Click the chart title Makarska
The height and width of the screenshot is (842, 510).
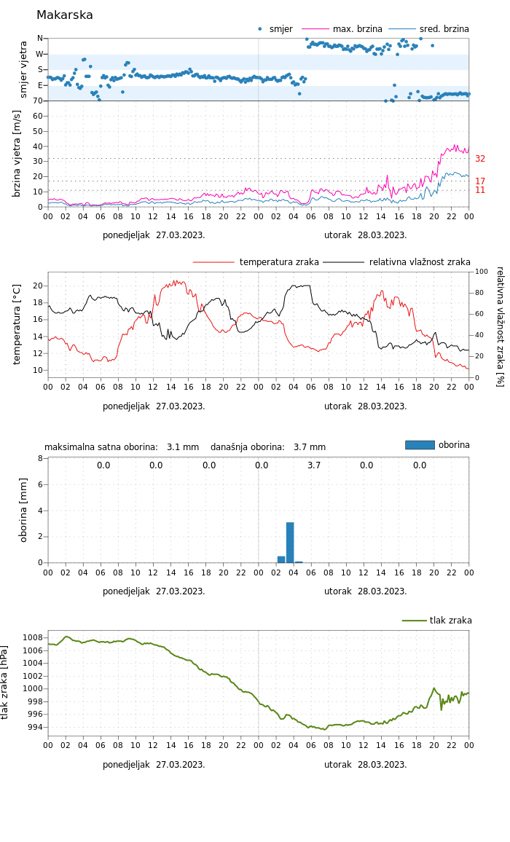point(65,15)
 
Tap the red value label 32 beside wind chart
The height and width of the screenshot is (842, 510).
point(480,159)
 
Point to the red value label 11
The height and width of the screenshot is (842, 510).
point(480,190)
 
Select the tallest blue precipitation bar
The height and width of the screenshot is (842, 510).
point(290,542)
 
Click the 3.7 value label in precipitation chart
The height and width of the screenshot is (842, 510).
point(314,465)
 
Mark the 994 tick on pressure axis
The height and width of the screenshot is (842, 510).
point(35,727)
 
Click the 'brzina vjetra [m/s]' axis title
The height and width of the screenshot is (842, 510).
point(17,154)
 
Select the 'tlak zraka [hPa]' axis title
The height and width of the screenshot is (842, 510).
point(5,682)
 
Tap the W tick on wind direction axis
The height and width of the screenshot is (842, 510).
point(40,54)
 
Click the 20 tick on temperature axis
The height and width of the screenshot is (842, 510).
point(38,286)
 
